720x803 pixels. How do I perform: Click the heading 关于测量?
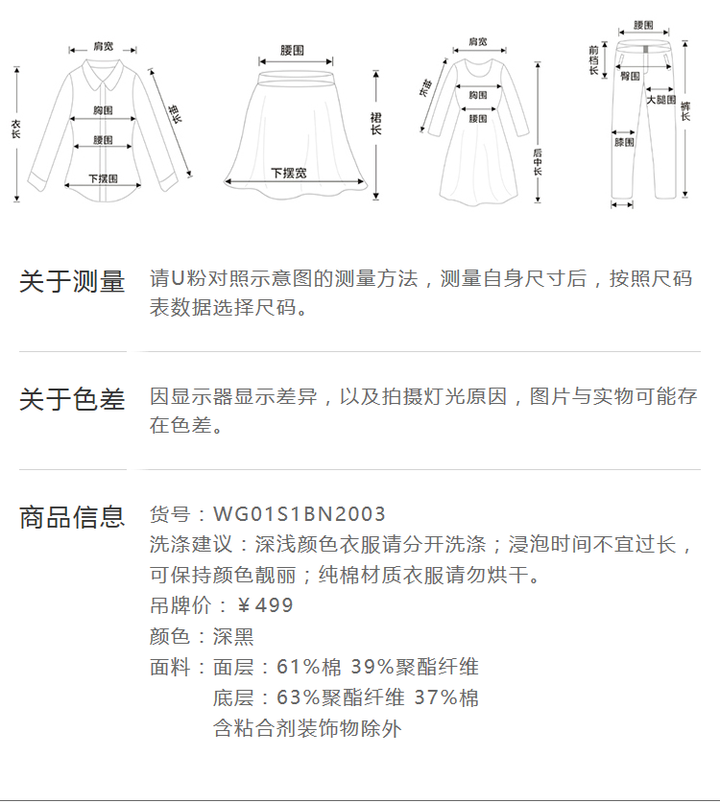pos(72,282)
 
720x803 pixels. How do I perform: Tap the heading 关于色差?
pos(72,400)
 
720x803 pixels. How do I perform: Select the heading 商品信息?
pos(72,517)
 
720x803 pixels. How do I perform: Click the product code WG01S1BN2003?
pos(300,515)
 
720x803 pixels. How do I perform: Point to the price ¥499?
pos(265,605)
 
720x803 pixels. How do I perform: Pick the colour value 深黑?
pos(233,636)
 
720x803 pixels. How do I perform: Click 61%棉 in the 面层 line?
pos(301,667)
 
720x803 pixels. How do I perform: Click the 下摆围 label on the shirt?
pos(103,178)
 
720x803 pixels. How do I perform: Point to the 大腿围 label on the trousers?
pos(660,100)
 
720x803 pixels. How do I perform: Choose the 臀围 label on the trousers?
pos(630,75)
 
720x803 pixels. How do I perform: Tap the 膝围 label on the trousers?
pos(624,142)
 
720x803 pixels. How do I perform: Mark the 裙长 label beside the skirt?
pos(376,123)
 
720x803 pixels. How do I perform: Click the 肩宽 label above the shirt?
pos(103,46)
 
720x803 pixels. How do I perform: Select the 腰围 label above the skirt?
pos(293,49)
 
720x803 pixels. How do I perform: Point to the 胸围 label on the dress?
pos(477,95)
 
